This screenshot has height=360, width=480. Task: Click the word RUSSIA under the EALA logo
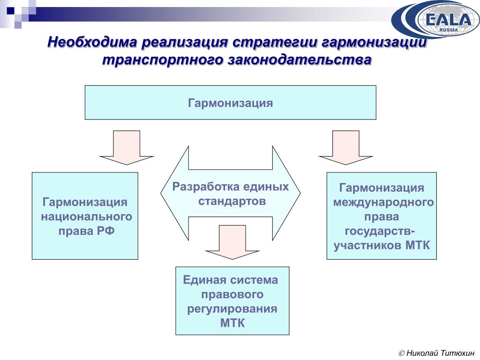pyautogui.click(x=448, y=30)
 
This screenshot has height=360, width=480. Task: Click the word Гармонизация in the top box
pyautogui.click(x=230, y=103)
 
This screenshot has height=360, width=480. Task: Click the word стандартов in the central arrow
pyautogui.click(x=232, y=202)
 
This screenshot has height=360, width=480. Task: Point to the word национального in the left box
pyautogui.click(x=86, y=217)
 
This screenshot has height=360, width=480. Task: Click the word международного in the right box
pyautogui.click(x=383, y=202)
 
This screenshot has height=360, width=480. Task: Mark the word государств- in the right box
pyautogui.click(x=380, y=232)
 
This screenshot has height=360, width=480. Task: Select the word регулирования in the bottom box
pyautogui.click(x=232, y=309)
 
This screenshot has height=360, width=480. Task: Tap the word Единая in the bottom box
pyautogui.click(x=203, y=280)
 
